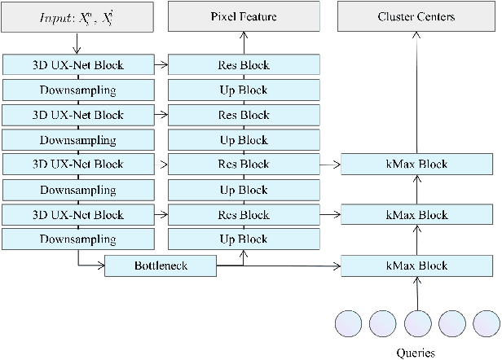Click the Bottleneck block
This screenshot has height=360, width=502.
pyautogui.click(x=160, y=266)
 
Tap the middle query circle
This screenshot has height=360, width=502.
pyautogui.click(x=417, y=323)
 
